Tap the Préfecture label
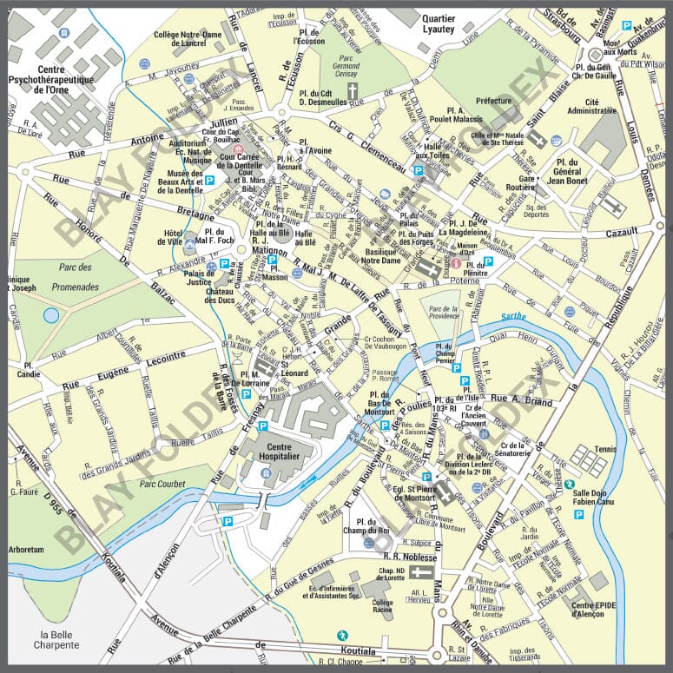pos(494,101)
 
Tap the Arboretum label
pos(27,550)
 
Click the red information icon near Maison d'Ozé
pos(455,261)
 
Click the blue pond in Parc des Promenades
pos(51,315)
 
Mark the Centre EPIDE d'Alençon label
pos(594,610)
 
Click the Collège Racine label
pos(382,606)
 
